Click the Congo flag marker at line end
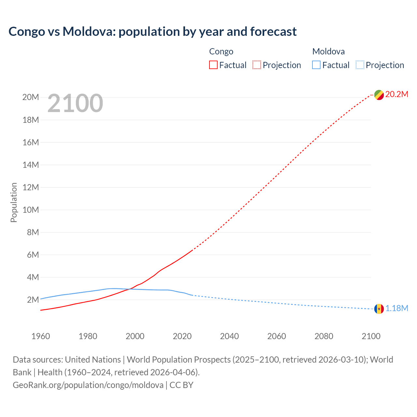(379, 95)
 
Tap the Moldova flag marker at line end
(379, 309)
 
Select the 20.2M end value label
(396, 94)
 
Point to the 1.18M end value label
(397, 309)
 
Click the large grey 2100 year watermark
(75, 104)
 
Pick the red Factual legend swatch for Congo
(213, 65)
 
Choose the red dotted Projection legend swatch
(257, 65)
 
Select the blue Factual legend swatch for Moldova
(316, 65)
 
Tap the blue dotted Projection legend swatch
(360, 65)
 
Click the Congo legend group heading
(221, 51)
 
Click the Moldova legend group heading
(328, 51)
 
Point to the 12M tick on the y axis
(31, 187)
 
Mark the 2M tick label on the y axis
(33, 300)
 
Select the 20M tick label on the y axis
(31, 97)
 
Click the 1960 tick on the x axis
(41, 336)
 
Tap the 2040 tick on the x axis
(229, 336)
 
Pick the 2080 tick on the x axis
(324, 336)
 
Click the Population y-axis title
(14, 202)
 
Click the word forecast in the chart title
(273, 32)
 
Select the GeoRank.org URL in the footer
(88, 385)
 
